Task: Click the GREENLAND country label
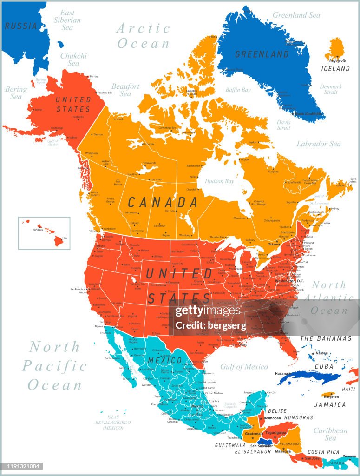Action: click(262, 54)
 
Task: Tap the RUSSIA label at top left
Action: click(21, 26)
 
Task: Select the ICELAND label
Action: click(335, 68)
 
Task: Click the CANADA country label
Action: click(163, 202)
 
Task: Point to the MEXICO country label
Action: click(165, 360)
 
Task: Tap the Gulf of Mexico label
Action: click(244, 367)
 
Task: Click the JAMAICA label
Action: click(329, 404)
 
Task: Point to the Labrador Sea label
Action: click(319, 144)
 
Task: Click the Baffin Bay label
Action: click(238, 90)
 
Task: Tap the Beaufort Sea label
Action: click(125, 90)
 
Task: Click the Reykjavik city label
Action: click(338, 61)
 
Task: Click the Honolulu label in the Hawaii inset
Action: click(37, 229)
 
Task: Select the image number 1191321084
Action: click(21, 466)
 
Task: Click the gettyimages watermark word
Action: click(208, 311)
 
